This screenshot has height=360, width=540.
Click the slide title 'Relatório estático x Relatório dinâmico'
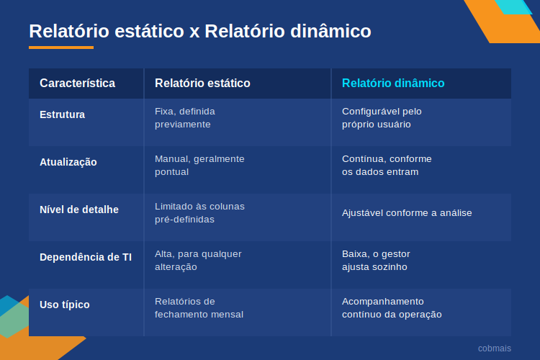[x=200, y=31]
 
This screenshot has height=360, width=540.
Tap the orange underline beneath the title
[x=61, y=48]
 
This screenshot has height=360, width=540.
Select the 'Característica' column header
[x=78, y=84]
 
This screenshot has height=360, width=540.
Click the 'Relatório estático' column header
[x=202, y=84]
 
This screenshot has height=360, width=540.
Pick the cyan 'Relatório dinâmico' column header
[x=393, y=84]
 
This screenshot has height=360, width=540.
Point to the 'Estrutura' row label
[x=63, y=114]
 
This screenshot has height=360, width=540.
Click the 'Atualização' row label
[x=68, y=162]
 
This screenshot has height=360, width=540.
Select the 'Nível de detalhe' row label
[x=79, y=210]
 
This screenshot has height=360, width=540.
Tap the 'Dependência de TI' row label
[x=86, y=257]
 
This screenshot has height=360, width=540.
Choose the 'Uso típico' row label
[x=65, y=305]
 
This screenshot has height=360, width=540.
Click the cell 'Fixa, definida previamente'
[x=185, y=118]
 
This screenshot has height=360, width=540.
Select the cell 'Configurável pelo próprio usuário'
[x=382, y=118]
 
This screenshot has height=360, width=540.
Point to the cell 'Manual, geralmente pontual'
[x=199, y=166]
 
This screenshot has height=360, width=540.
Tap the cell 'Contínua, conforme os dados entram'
[x=387, y=166]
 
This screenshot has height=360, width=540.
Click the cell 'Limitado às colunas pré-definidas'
[x=199, y=213]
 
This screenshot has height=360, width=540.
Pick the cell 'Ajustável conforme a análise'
[x=407, y=213]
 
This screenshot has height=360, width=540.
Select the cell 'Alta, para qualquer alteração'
[x=198, y=261]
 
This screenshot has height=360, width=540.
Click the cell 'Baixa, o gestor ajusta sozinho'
[x=376, y=261]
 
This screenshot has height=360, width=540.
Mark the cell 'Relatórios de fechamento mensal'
[x=199, y=308]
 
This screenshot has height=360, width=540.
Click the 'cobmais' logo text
[x=495, y=348]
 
